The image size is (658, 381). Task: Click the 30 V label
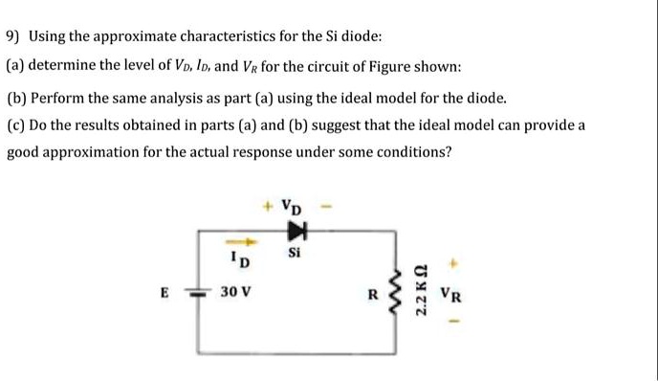[x=235, y=293]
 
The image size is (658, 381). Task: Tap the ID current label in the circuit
[x=240, y=259]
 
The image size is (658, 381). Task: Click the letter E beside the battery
[x=164, y=294]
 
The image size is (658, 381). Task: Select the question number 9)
[x=13, y=37]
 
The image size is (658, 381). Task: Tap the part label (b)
[x=17, y=98]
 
